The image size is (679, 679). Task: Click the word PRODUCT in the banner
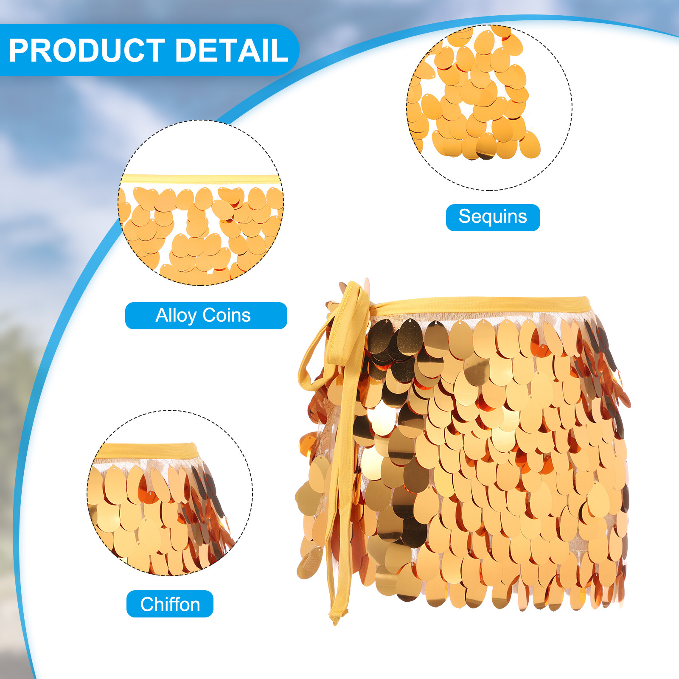pos(87,51)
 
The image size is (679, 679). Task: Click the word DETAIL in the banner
pos(232,51)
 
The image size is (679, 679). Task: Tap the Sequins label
pos(493,217)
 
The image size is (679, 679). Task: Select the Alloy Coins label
pos(206,315)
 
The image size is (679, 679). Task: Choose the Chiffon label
pos(170,604)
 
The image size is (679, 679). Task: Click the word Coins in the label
pos(227,315)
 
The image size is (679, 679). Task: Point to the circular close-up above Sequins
pos(489,107)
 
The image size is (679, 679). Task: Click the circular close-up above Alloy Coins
pos(201,203)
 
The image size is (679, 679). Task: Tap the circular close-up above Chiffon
pos(170,493)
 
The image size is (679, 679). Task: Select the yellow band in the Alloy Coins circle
pos(201,179)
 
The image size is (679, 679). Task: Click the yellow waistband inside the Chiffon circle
pos(146,451)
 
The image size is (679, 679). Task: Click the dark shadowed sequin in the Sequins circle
pos(486,149)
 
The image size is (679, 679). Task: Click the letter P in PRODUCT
pos(20,51)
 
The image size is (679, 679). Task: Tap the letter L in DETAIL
pos(281,51)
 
